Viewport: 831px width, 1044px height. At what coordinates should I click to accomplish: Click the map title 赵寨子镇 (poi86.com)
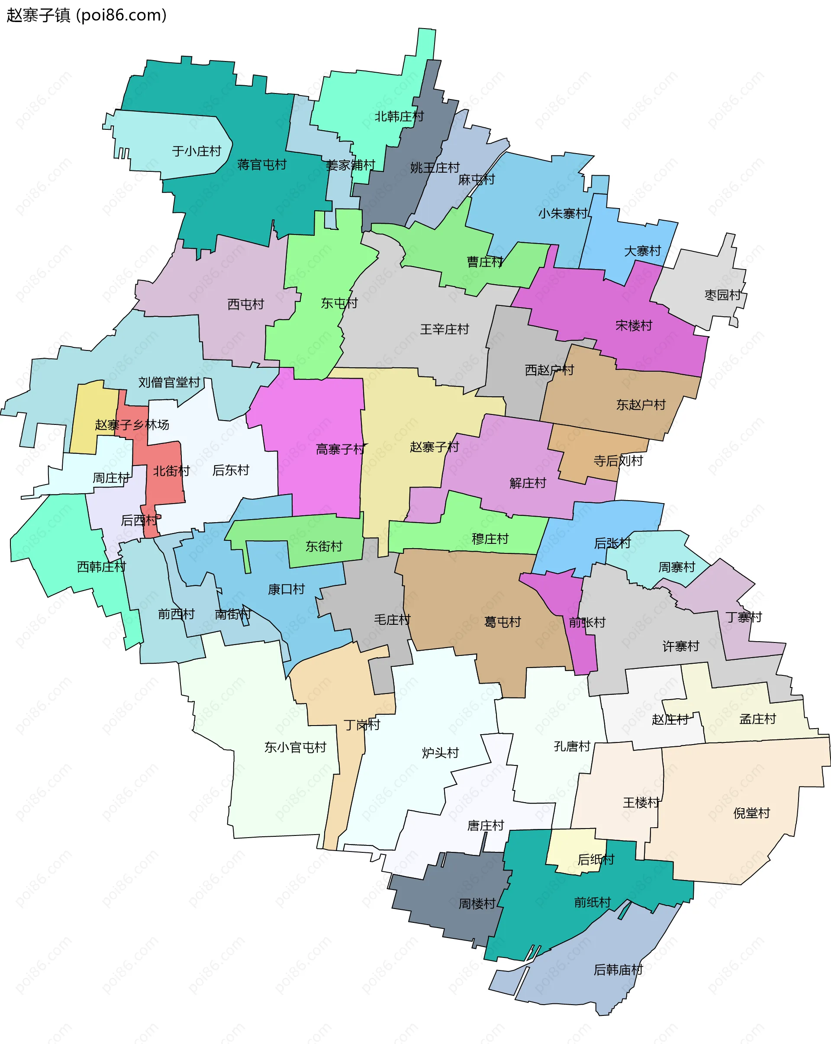coord(86,16)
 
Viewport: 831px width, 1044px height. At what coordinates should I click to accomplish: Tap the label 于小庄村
coord(196,151)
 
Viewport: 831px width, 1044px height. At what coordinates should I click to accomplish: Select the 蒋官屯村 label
coord(261,165)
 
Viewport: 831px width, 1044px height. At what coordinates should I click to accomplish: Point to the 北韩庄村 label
coord(399,117)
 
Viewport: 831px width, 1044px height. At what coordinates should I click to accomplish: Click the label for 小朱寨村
coord(562,214)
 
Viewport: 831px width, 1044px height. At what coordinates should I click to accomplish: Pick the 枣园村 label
coord(722,296)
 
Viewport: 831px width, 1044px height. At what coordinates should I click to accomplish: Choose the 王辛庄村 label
coord(444,330)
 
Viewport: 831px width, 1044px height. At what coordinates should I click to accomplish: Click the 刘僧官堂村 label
coord(169,383)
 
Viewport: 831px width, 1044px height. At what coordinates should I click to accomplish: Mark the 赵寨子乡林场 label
coord(132,425)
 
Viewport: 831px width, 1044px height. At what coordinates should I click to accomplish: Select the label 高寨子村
coord(340,450)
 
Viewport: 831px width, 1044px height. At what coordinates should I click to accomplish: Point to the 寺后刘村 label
coord(618,461)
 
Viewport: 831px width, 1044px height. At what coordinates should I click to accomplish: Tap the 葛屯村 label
coord(502,622)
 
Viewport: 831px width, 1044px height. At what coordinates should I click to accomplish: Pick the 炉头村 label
coord(440,753)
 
